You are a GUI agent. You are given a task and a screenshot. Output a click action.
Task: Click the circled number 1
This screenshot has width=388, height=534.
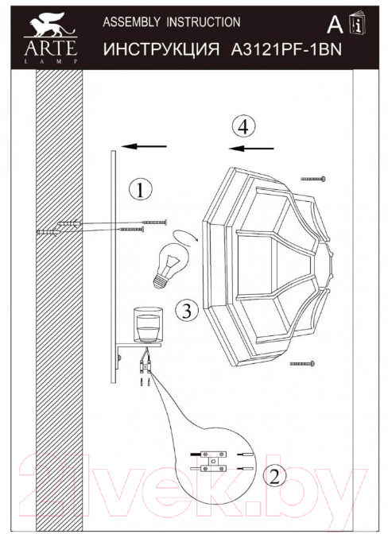pyautogui.click(x=140, y=190)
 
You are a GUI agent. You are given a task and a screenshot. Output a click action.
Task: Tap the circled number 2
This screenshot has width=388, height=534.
pyautogui.click(x=274, y=476)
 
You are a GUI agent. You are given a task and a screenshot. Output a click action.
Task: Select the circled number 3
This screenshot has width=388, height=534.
pyautogui.click(x=187, y=310)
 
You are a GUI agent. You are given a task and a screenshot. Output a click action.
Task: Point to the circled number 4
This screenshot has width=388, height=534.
pyautogui.click(x=243, y=127)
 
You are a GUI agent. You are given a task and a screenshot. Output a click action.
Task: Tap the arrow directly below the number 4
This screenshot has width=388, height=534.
pyautogui.click(x=251, y=149)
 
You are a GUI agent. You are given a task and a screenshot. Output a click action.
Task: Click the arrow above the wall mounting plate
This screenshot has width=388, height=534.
pyautogui.click(x=144, y=146)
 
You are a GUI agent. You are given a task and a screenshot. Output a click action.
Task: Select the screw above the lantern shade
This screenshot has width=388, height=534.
pyautogui.click(x=313, y=178)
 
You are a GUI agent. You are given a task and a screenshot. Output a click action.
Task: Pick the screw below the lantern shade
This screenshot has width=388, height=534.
pyautogui.click(x=302, y=364)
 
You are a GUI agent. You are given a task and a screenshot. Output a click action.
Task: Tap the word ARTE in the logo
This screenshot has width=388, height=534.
pyautogui.click(x=50, y=48)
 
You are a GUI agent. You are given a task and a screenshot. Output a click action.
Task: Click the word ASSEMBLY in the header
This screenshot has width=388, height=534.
pyautogui.click(x=131, y=22)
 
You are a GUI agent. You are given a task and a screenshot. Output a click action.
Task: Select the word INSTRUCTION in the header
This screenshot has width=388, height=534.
pyautogui.click(x=204, y=22)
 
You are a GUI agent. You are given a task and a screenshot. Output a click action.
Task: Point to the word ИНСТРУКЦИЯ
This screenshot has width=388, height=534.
pyautogui.click(x=161, y=50)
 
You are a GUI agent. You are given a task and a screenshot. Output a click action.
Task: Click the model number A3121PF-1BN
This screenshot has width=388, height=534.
pyautogui.click(x=286, y=50)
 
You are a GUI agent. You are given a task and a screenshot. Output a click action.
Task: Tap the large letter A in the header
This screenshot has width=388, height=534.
pyautogui.click(x=335, y=25)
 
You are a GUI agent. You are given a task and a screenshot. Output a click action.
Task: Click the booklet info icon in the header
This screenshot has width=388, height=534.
pyautogui.click(x=357, y=22)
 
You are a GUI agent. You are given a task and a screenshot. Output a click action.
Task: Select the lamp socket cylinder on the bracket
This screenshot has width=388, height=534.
pyautogui.click(x=148, y=325)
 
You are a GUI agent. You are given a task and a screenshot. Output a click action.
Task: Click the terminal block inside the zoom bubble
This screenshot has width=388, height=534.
pyautogui.click(x=213, y=461)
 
